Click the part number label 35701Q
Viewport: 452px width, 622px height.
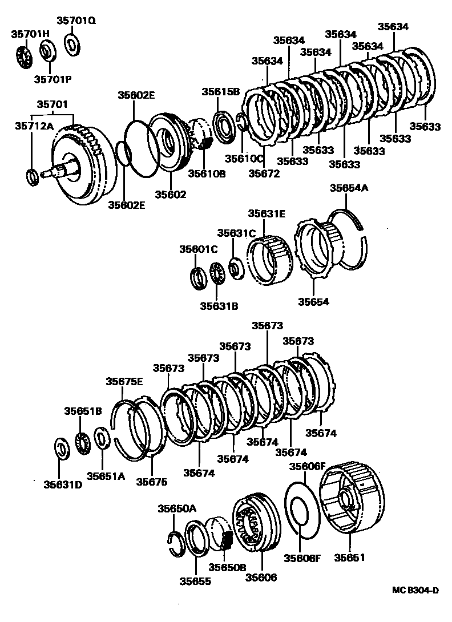pyautogui.click(x=76, y=21)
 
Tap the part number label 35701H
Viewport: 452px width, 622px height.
pyautogui.click(x=30, y=34)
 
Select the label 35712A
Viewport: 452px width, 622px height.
pyautogui.click(x=34, y=126)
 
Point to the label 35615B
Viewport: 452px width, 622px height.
pyautogui.click(x=220, y=92)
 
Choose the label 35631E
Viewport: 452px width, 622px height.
pyautogui.click(x=267, y=213)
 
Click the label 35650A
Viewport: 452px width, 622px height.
pyautogui.click(x=177, y=508)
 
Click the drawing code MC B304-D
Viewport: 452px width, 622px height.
pyautogui.click(x=415, y=591)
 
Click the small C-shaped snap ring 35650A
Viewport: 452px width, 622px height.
pyautogui.click(x=176, y=542)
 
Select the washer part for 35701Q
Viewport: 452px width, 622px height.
pyautogui.click(x=72, y=45)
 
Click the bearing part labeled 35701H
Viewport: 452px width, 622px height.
pyautogui.click(x=23, y=56)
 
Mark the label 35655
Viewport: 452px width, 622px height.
pyautogui.click(x=195, y=581)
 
